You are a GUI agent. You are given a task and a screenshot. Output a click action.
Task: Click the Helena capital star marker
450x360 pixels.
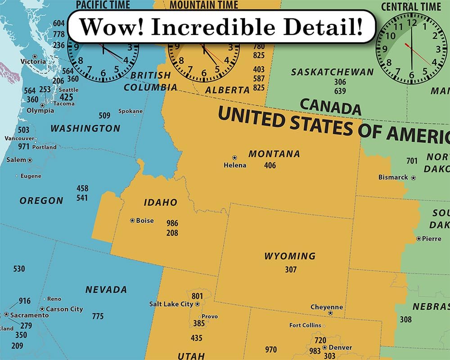tap(234, 157)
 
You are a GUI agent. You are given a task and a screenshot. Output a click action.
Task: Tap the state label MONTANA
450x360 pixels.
tap(274, 154)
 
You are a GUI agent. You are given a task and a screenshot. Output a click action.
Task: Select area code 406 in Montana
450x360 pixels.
tap(270, 166)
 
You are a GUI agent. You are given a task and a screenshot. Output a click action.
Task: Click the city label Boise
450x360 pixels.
tap(145, 220)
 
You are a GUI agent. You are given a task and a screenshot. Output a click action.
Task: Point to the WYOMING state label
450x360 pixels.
tap(290, 256)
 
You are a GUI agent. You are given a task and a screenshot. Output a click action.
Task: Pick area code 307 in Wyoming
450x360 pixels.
tap(291, 270)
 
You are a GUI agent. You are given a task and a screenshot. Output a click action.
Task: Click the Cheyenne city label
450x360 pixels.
tap(327, 307)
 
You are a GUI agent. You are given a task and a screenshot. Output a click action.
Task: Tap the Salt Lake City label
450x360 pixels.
tap(171, 304)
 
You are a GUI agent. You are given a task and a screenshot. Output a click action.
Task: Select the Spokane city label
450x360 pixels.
tap(130, 111)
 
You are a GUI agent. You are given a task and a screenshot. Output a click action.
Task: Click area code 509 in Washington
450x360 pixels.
tap(104, 116)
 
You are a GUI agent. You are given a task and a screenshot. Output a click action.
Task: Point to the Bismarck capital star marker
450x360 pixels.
tap(413, 178)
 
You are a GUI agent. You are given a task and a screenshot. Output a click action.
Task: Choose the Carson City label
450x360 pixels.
tap(64, 309)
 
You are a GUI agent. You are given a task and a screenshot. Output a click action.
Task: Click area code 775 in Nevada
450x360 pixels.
tap(98, 316)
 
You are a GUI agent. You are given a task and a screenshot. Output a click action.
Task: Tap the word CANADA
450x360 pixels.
tap(330, 107)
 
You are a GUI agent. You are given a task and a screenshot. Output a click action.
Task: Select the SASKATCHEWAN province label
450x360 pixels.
tap(332, 72)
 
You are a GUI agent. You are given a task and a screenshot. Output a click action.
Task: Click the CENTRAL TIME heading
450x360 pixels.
tap(411, 7)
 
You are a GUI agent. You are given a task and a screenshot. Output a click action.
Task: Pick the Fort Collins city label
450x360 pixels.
tap(305, 325)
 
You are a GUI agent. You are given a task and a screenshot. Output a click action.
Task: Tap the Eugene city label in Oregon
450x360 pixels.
tap(31, 176)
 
